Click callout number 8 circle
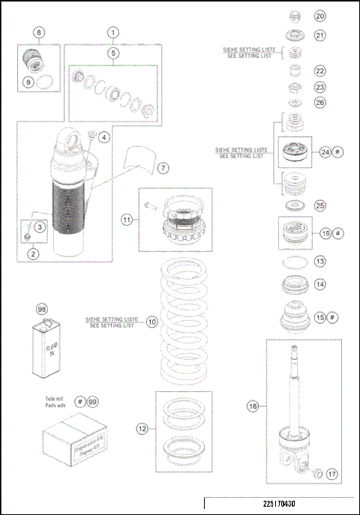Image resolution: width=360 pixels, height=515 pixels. (39, 32)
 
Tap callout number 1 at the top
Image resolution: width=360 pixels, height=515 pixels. (112, 32)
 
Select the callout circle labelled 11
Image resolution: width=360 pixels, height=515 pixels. (127, 220)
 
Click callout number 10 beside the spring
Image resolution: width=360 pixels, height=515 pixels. (151, 322)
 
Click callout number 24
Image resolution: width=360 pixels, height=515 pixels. (325, 152)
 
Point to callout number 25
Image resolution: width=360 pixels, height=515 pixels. (320, 205)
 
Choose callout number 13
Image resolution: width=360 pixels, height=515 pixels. (320, 262)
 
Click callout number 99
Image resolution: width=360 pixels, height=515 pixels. (92, 403)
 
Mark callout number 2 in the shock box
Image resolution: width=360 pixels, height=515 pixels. (32, 254)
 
